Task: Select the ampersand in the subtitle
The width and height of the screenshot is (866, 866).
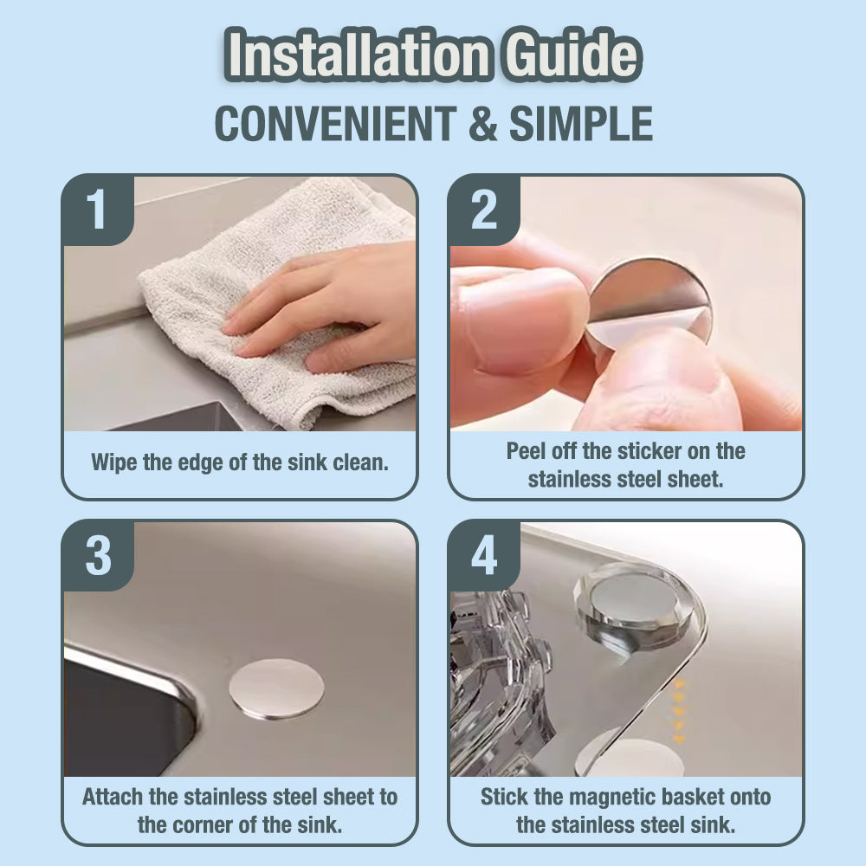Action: click(x=484, y=124)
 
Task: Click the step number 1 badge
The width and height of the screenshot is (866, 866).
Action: click(x=98, y=210)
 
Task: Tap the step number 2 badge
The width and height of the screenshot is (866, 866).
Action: click(x=484, y=210)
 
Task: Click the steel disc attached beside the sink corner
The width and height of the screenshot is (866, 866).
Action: click(x=276, y=689)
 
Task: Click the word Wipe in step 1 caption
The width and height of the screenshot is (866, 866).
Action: click(x=114, y=462)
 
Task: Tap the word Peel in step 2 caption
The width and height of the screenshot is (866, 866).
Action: click(x=527, y=451)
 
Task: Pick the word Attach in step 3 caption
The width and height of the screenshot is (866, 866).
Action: click(x=113, y=797)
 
